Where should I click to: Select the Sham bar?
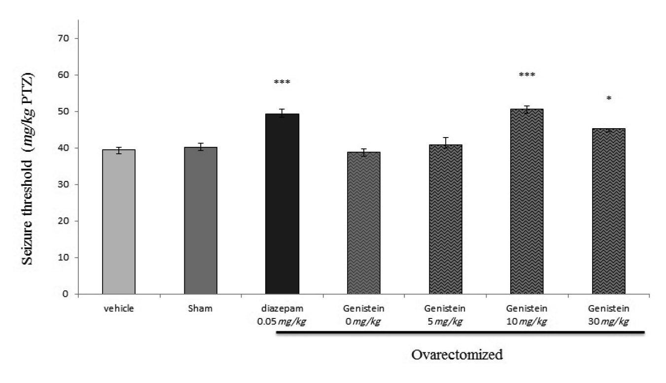click(x=200, y=221)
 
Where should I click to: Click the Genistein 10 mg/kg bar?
click(x=527, y=202)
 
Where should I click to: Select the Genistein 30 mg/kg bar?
click(x=608, y=211)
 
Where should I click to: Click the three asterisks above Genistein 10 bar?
click(x=527, y=75)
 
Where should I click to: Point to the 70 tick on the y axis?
click(x=66, y=38)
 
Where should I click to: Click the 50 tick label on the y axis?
click(x=66, y=111)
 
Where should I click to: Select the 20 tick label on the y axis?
click(x=66, y=221)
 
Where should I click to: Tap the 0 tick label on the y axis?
click(x=68, y=294)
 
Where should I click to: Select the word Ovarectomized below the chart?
click(x=457, y=354)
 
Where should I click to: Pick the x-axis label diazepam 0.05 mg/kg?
click(x=282, y=315)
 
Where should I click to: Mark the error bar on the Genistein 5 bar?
click(x=446, y=143)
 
